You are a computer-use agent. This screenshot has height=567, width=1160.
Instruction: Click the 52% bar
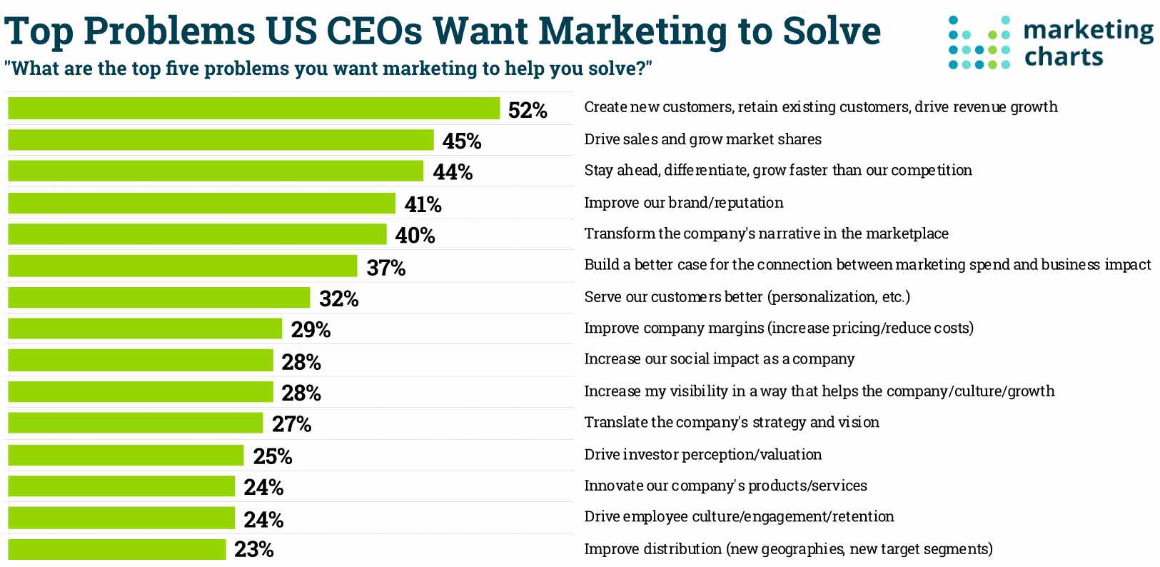coord(253,109)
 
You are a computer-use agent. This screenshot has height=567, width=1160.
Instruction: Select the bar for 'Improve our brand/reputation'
coord(201,203)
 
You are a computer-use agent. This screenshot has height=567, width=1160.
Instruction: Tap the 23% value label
coord(254,549)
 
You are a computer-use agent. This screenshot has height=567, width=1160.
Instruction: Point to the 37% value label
coord(386,268)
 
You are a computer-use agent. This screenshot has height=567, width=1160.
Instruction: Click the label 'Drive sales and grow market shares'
coord(702,139)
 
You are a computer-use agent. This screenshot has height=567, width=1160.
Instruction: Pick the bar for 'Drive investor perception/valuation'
coord(126,455)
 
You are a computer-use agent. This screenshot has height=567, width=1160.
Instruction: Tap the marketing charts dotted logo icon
coord(979,43)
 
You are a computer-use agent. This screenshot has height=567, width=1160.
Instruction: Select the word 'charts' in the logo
coord(1064,56)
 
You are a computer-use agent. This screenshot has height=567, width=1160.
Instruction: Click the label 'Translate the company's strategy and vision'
coord(732,422)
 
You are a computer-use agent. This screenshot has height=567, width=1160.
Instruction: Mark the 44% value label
coord(453,172)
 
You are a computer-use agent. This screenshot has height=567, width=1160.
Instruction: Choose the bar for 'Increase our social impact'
coord(141,361)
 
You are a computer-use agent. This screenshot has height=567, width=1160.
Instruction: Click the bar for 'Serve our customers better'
coord(159,298)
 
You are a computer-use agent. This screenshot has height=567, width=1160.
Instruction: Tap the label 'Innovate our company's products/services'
coord(725,486)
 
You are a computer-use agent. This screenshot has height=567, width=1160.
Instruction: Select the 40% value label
coord(415,235)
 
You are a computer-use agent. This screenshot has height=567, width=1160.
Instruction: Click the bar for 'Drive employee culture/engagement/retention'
coord(121,518)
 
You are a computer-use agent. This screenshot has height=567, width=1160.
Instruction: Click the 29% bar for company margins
coord(145,328)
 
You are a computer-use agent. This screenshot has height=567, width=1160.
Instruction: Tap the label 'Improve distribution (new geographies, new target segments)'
coord(788,548)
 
